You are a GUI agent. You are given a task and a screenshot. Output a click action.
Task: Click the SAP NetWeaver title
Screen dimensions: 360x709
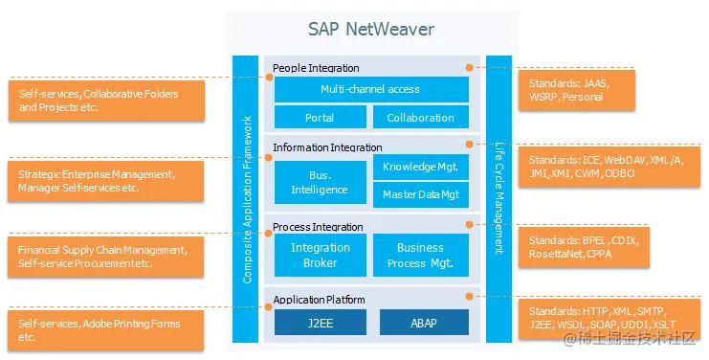pyautogui.click(x=371, y=30)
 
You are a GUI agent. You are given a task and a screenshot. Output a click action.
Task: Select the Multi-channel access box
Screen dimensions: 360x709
pyautogui.click(x=370, y=90)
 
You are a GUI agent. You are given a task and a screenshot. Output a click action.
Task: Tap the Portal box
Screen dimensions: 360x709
pyautogui.click(x=320, y=118)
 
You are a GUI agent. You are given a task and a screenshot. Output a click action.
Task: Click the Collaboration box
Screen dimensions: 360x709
pyautogui.click(x=421, y=118)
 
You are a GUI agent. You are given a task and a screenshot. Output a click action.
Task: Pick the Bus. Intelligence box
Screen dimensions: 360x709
pyautogui.click(x=320, y=183)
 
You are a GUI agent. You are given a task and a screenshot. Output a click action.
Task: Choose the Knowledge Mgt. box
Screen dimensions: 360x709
pyautogui.click(x=421, y=167)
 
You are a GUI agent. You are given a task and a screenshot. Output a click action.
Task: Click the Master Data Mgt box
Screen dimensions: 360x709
pyautogui.click(x=421, y=195)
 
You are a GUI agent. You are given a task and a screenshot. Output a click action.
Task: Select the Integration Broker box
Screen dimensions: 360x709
pyautogui.click(x=320, y=256)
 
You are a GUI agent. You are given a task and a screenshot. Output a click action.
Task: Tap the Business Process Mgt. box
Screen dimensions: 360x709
pyautogui.click(x=421, y=256)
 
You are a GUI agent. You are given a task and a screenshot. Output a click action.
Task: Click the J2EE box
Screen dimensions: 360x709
pyautogui.click(x=320, y=323)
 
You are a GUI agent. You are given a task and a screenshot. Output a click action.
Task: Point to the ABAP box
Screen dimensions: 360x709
pyautogui.click(x=424, y=323)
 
